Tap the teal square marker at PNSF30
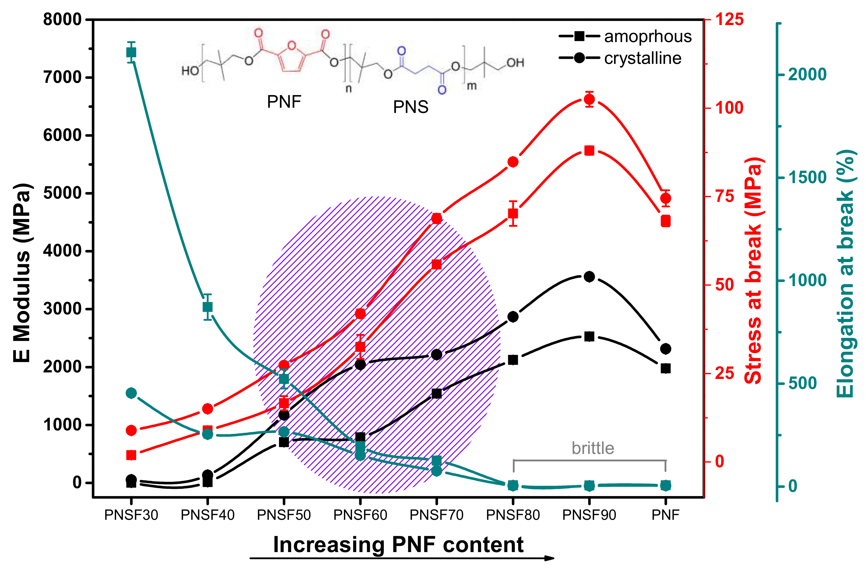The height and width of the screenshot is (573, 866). [x=131, y=53]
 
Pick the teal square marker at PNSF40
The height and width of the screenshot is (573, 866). [x=208, y=307]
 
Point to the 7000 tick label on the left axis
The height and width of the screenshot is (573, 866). [x=62, y=77]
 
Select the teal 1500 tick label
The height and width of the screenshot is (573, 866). [x=807, y=178]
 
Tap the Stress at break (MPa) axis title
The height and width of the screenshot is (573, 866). [x=754, y=270]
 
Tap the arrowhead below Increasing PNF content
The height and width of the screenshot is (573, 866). [x=549, y=558]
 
